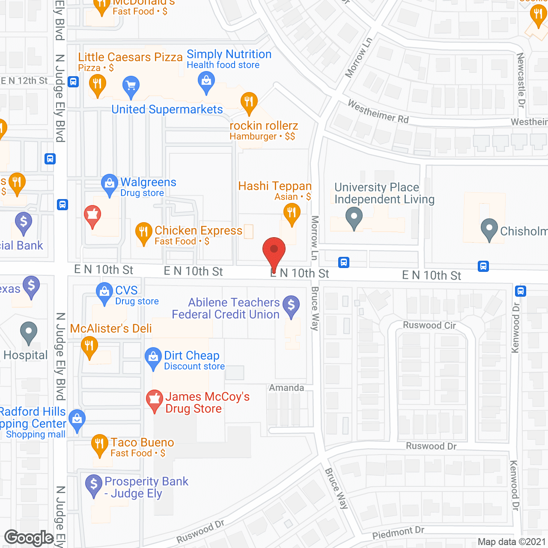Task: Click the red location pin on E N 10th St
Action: [274, 250]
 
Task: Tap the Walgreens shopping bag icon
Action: [110, 184]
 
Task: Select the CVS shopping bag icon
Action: [104, 293]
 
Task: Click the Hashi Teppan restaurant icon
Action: [292, 213]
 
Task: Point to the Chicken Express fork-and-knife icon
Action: [143, 233]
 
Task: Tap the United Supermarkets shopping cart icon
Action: [131, 86]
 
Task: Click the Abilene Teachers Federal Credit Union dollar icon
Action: [291, 306]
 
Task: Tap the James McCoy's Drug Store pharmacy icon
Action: [155, 399]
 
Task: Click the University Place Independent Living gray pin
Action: [354, 217]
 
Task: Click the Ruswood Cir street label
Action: [429, 325]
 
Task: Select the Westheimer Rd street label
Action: [378, 111]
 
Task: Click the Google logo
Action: [29, 538]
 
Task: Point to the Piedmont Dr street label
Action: [398, 533]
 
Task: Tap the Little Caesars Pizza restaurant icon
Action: [98, 84]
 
